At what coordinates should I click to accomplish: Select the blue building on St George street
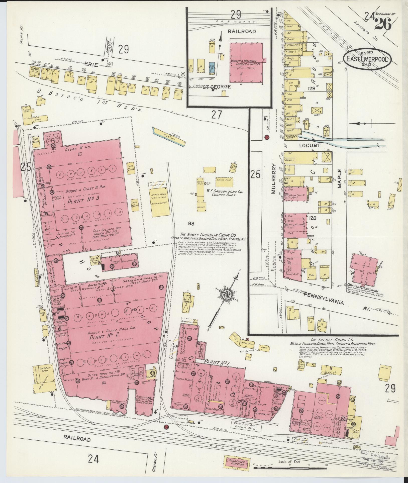pyautogui.click(x=212, y=68)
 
